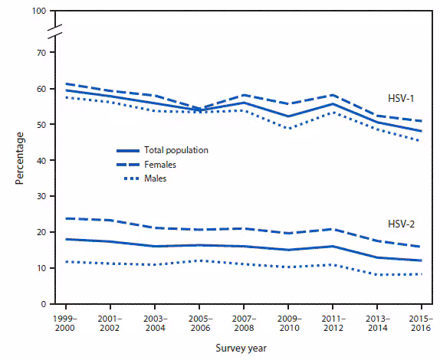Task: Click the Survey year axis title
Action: (x=241, y=346)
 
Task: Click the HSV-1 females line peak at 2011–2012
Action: (x=332, y=95)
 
